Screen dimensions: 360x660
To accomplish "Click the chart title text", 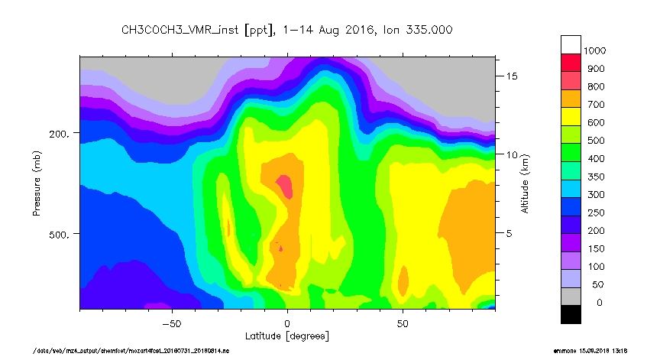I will tap(286, 30).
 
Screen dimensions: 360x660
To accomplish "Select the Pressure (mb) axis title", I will tap(36, 183).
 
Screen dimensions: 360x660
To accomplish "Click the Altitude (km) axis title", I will tap(525, 183).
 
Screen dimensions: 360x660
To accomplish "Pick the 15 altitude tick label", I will tap(511, 76).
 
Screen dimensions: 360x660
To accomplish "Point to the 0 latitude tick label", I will tap(287, 323).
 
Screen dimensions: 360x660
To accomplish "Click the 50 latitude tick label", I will tap(403, 323).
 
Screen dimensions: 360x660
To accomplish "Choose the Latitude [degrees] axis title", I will tap(287, 336).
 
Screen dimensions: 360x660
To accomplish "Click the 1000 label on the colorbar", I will tap(595, 50).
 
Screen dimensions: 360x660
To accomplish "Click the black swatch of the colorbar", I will tap(571, 313).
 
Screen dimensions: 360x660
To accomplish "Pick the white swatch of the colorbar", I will tap(571, 44).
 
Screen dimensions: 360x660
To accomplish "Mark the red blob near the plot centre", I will tap(284, 185).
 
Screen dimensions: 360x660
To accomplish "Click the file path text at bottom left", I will tap(131, 351).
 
